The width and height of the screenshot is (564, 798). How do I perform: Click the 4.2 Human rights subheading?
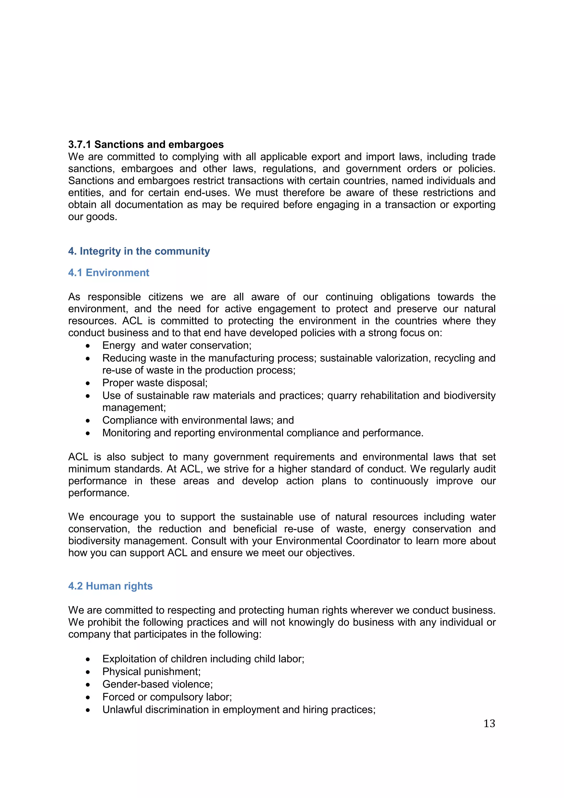(x=110, y=586)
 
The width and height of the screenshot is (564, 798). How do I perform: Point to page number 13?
(x=489, y=723)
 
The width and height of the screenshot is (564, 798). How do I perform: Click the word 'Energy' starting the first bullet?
(x=118, y=345)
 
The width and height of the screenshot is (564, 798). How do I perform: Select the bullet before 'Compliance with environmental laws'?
(x=88, y=421)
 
